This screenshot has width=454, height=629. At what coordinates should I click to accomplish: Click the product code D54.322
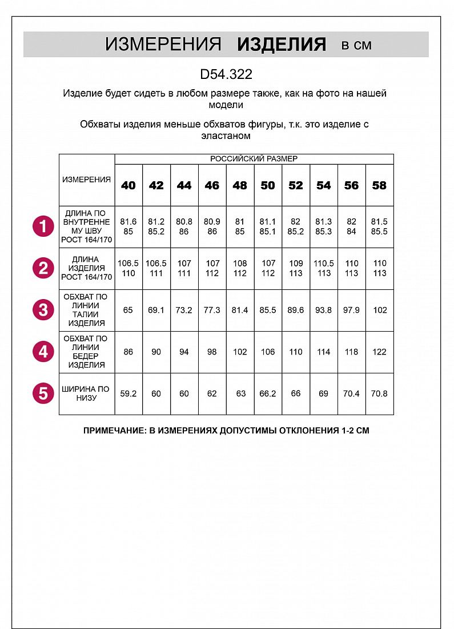point(226,74)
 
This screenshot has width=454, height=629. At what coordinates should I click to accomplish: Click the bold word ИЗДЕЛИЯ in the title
point(282,45)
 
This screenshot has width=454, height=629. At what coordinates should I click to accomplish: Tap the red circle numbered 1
point(43,226)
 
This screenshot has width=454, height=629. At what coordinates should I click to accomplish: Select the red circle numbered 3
point(43,310)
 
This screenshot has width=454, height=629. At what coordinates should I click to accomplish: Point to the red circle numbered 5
point(43,393)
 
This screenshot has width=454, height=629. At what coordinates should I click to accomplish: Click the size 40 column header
point(128,185)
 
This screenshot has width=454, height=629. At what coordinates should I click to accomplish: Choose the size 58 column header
point(379,185)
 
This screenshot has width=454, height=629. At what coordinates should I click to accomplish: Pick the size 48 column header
point(240,185)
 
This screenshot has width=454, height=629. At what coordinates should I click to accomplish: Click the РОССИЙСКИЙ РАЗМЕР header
point(254,159)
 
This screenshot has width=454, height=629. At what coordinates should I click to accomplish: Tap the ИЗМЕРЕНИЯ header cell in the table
point(87,180)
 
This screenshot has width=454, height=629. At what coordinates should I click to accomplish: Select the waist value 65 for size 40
point(128,310)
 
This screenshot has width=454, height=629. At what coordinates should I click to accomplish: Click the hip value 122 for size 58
point(379,352)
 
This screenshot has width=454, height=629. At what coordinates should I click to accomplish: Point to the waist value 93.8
point(324,310)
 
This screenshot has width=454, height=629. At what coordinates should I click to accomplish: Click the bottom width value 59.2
point(128,393)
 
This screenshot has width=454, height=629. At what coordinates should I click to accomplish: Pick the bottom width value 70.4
point(352,393)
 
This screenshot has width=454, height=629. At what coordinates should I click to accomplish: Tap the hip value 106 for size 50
point(268,352)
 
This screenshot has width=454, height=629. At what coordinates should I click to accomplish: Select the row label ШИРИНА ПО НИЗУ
point(86,393)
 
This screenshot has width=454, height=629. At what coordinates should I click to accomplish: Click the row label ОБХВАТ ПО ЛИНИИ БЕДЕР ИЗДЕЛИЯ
point(86,352)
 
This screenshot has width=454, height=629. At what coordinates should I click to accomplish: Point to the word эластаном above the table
point(226,136)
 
